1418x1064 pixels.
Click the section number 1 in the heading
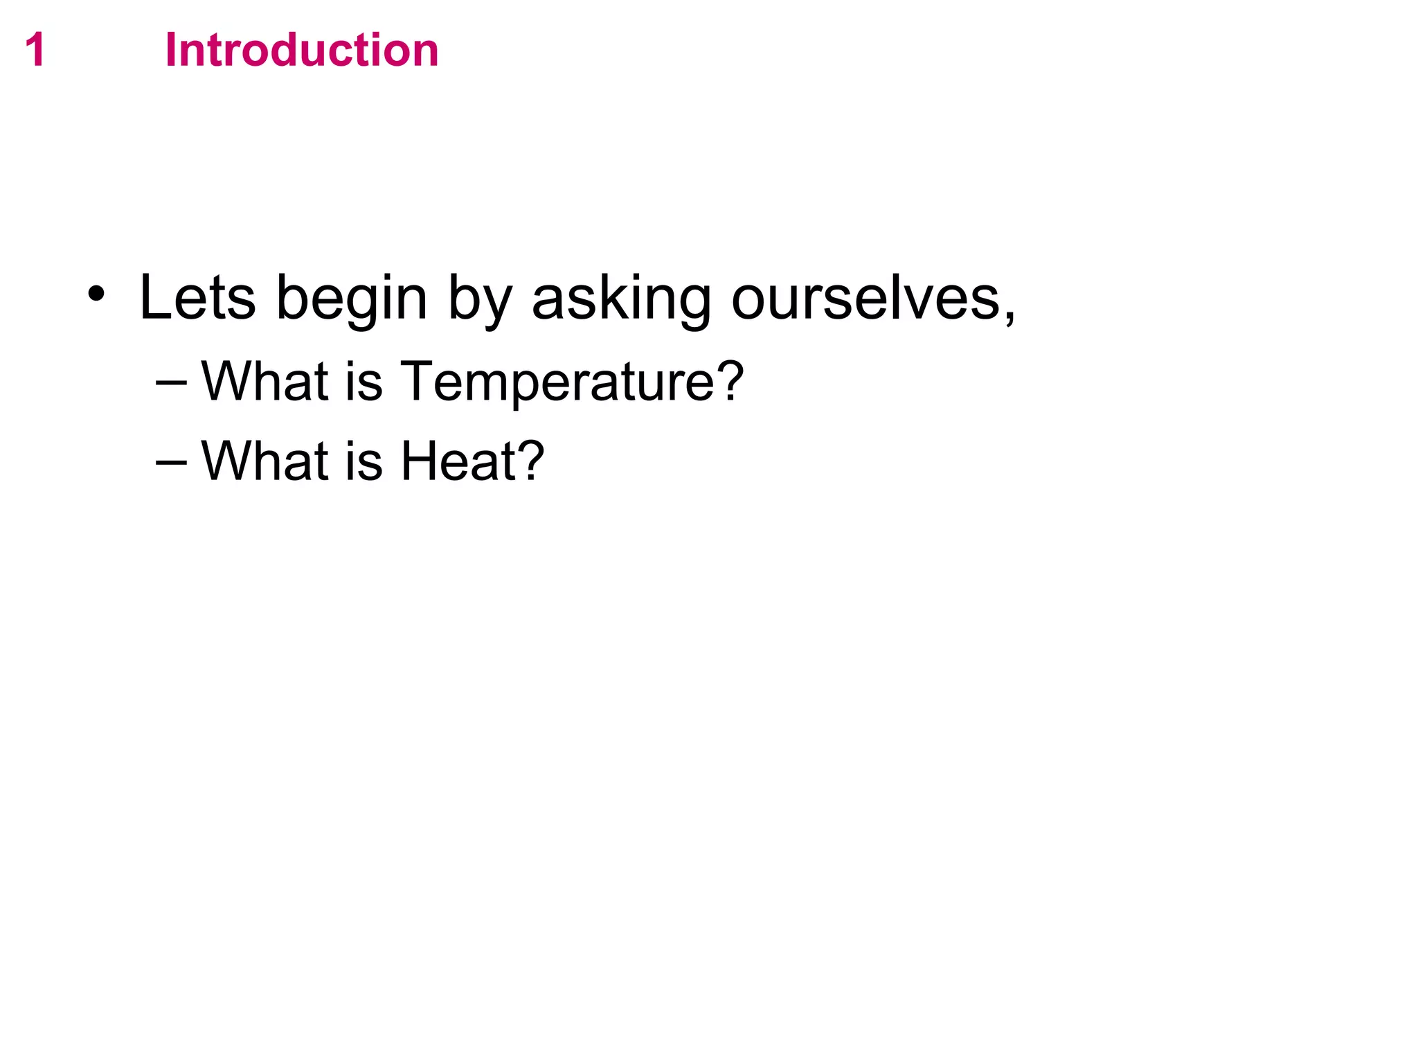35,51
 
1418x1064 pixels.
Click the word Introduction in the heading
302,51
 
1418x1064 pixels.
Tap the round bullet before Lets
96,295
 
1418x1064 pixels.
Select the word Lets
197,297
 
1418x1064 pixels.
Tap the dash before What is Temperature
172,381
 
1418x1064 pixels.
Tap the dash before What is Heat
172,461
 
